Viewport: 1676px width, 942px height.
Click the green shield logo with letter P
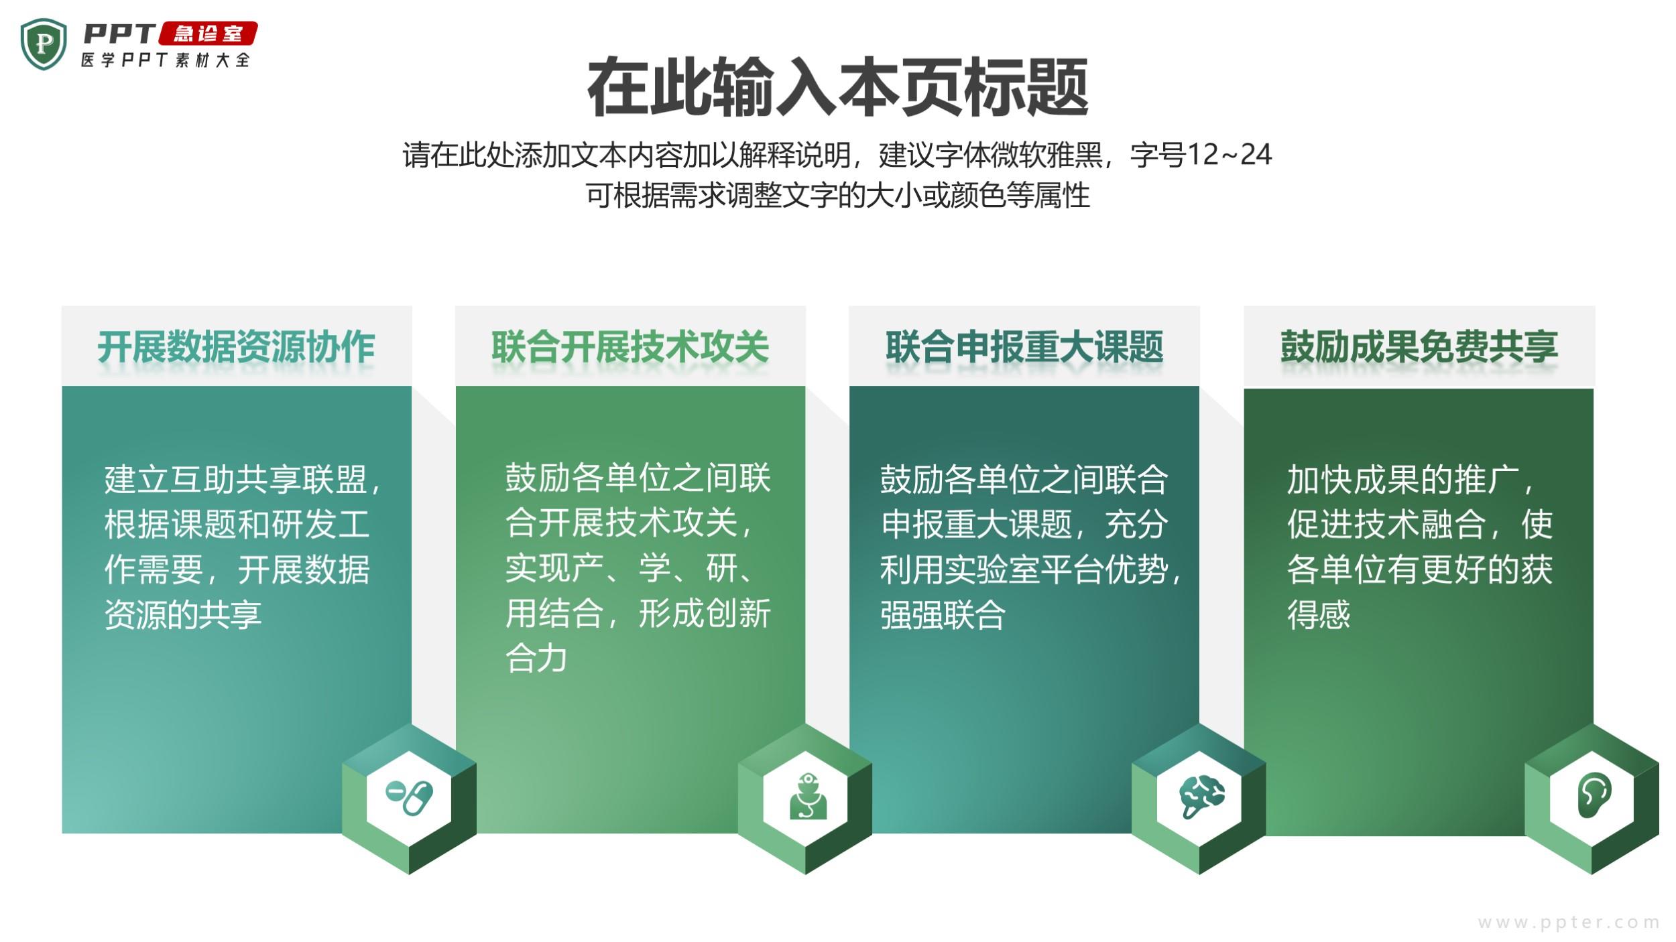point(44,44)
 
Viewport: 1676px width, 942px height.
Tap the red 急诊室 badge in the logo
point(208,33)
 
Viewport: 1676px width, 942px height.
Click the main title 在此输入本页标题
point(837,88)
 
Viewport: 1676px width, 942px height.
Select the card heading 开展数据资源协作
point(236,347)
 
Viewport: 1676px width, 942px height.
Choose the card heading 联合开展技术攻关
point(630,347)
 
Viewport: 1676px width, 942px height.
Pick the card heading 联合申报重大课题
point(1024,347)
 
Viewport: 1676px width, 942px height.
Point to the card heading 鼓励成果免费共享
point(1419,347)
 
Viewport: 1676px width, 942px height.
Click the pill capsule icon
point(409,797)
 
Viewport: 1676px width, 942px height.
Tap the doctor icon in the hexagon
point(808,797)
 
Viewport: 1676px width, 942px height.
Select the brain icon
point(1201,797)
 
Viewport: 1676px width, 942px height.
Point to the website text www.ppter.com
point(1568,923)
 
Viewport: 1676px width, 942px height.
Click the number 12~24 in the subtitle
point(1229,155)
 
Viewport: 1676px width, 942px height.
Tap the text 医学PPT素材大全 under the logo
point(166,60)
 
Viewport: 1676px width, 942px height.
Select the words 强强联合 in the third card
point(943,614)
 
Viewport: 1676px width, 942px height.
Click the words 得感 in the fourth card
point(1318,614)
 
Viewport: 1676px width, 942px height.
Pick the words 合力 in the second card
point(536,658)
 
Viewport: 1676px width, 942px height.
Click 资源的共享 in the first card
point(182,614)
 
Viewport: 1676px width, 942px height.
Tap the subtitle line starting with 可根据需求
point(838,196)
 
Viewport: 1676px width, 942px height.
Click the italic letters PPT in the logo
point(119,33)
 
